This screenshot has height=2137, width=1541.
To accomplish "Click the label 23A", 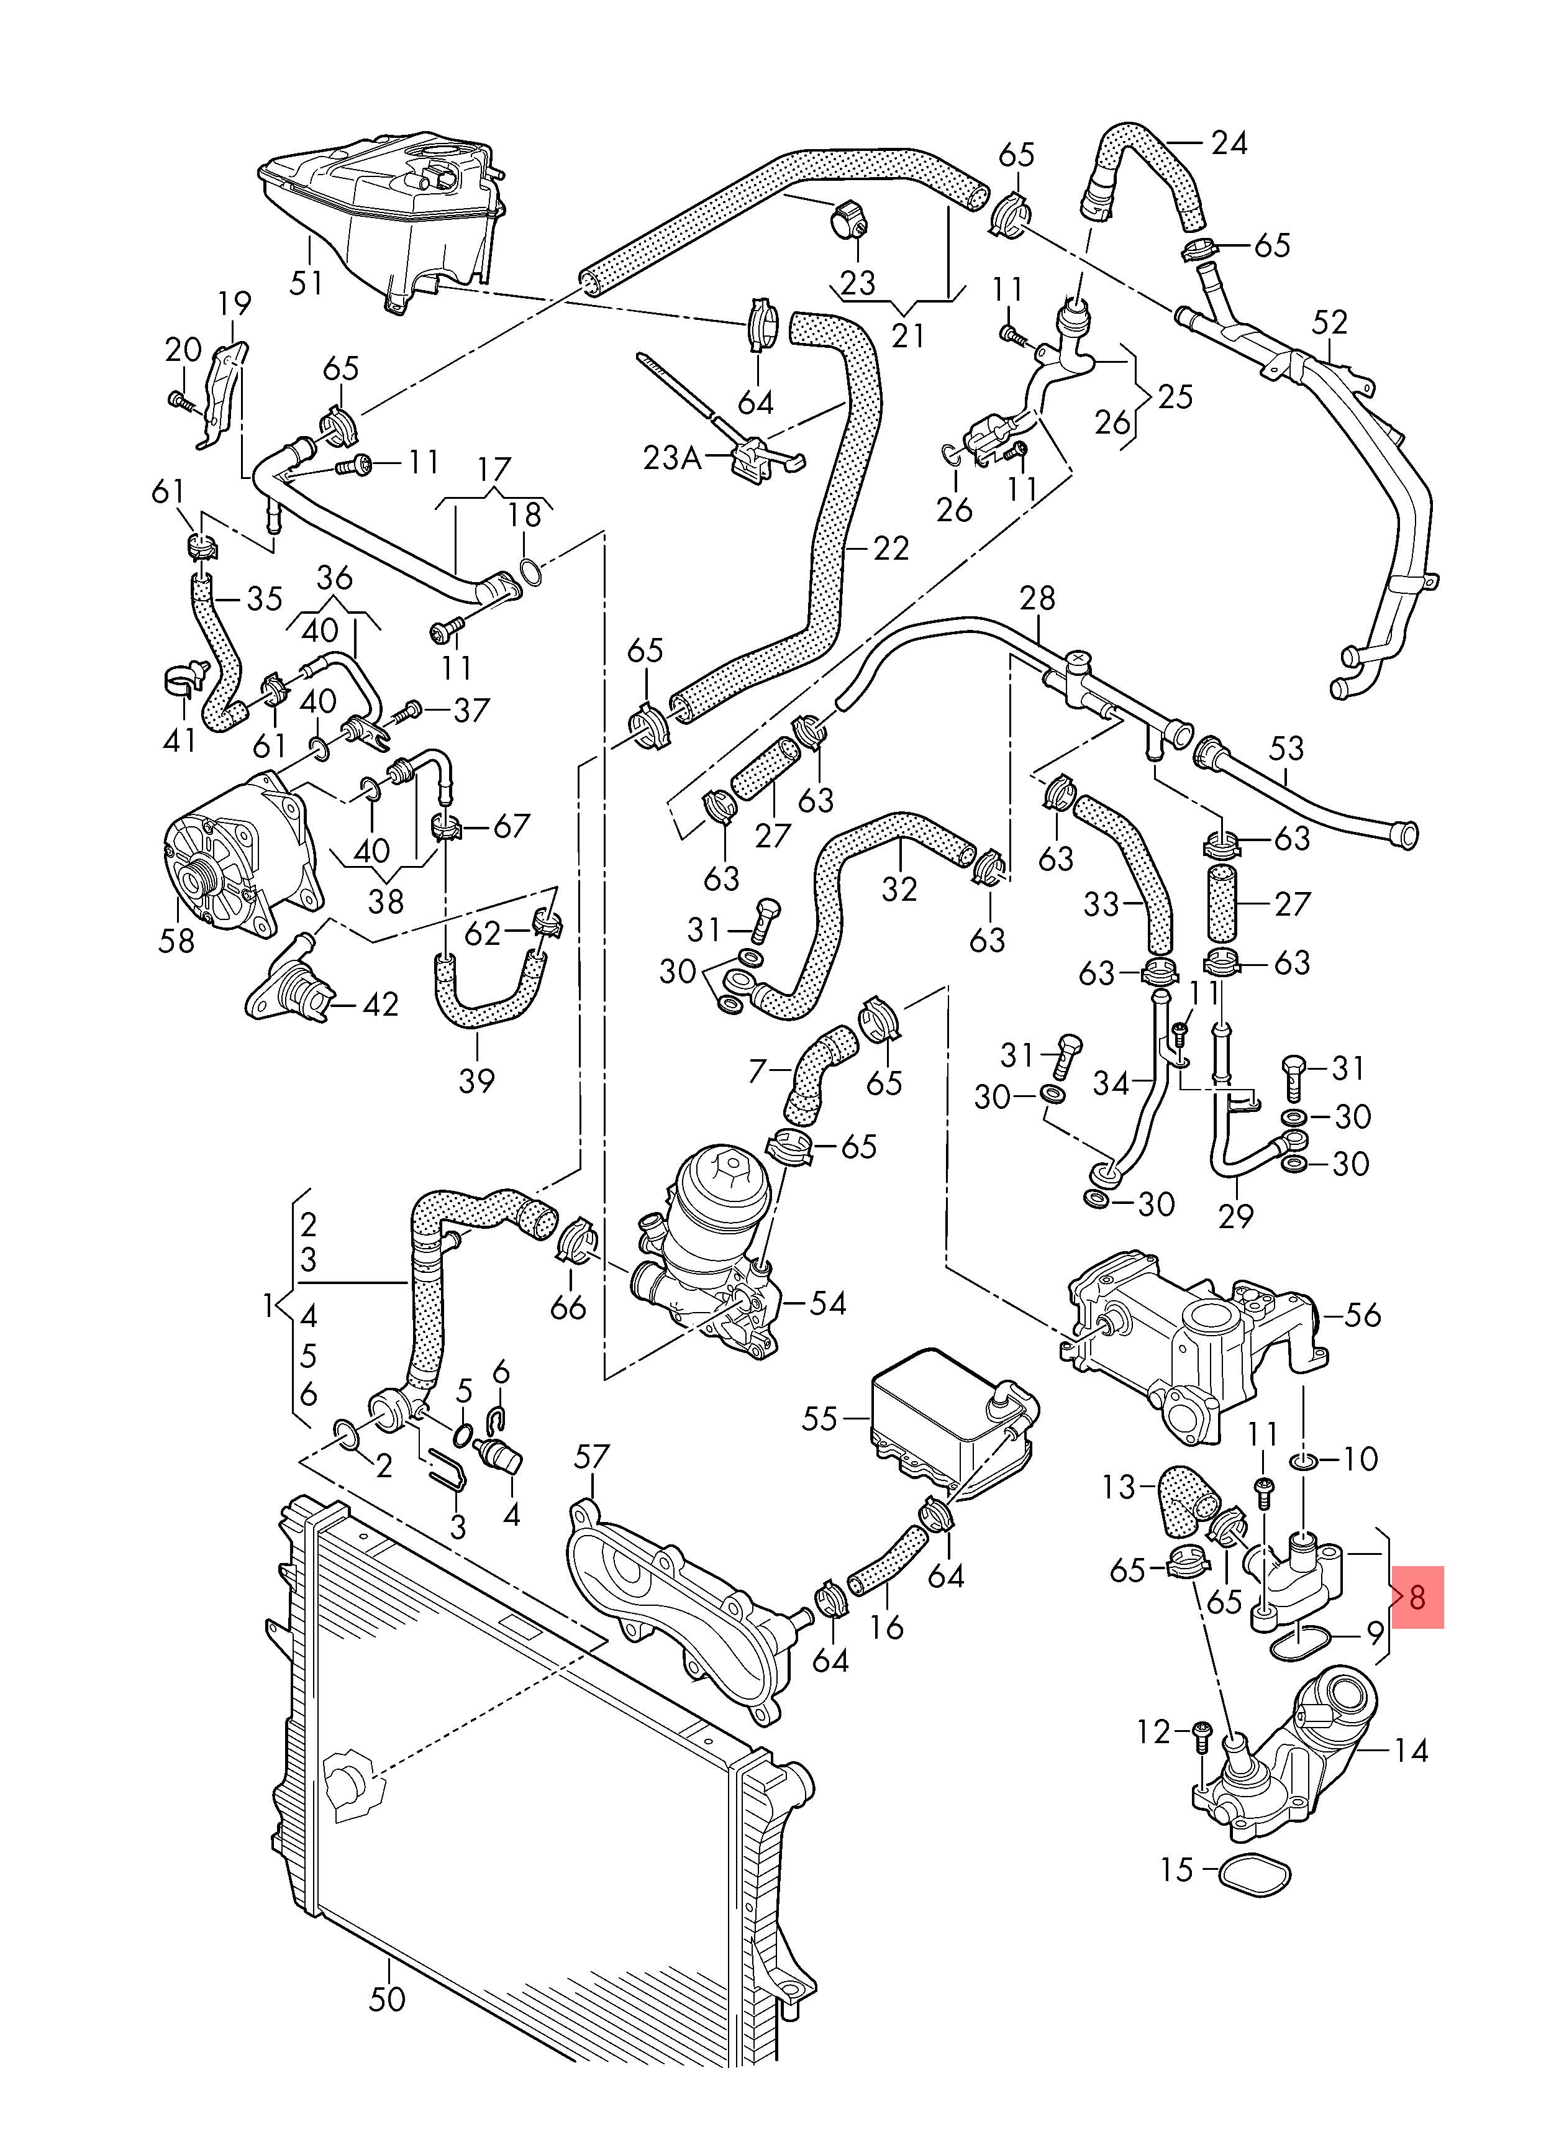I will [x=673, y=458].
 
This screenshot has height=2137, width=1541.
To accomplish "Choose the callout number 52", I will [x=1329, y=322].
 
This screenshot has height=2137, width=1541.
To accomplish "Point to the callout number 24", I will [x=1229, y=144].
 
